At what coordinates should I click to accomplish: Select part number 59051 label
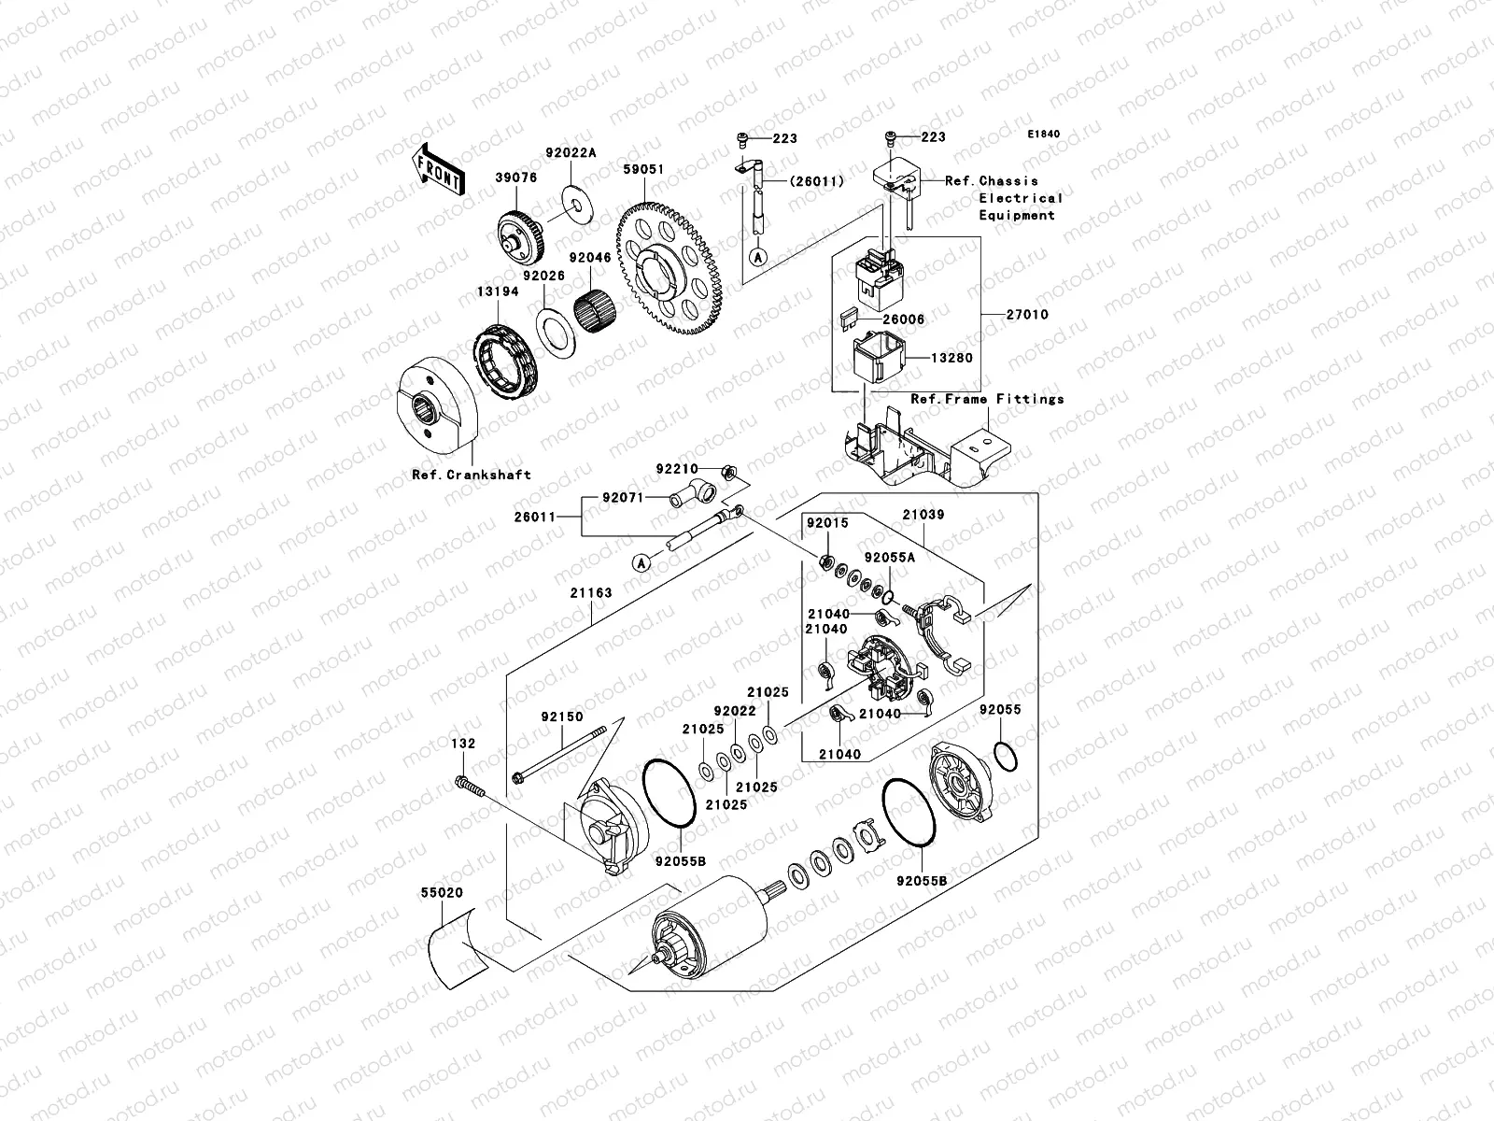click(643, 170)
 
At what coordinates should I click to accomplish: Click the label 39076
click(515, 178)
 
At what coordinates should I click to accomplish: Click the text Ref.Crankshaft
click(472, 475)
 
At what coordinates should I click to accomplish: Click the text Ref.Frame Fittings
click(988, 399)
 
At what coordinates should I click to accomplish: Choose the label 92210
click(676, 468)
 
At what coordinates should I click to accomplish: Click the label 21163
click(590, 592)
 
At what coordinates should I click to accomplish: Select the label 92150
click(561, 717)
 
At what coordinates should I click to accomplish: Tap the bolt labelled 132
click(470, 788)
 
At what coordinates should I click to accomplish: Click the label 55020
click(441, 893)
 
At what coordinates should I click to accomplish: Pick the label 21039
click(923, 514)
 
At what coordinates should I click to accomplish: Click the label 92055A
click(890, 558)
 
